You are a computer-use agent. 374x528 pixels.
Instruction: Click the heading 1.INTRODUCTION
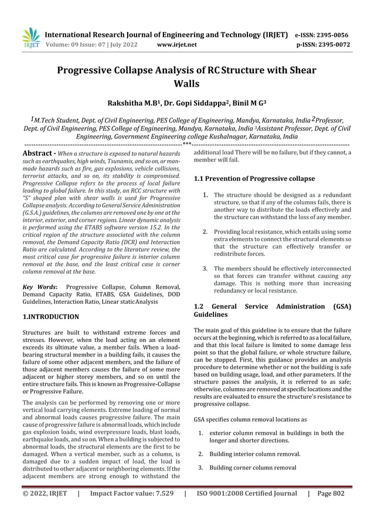click(50, 317)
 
